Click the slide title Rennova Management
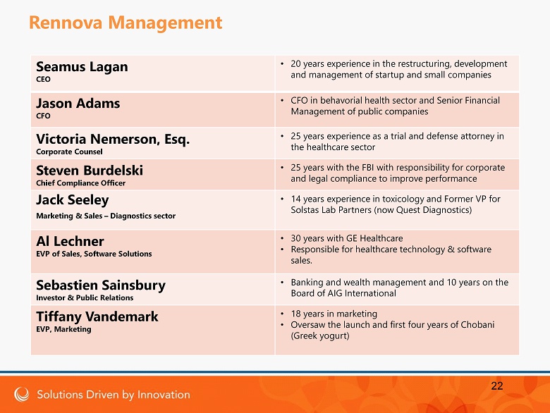click(126, 23)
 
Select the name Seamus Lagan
click(81, 67)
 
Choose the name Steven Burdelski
click(89, 171)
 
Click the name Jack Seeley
click(72, 200)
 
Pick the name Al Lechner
click(70, 241)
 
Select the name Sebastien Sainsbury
click(100, 285)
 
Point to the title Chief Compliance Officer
click(80, 183)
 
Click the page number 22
click(497, 386)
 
